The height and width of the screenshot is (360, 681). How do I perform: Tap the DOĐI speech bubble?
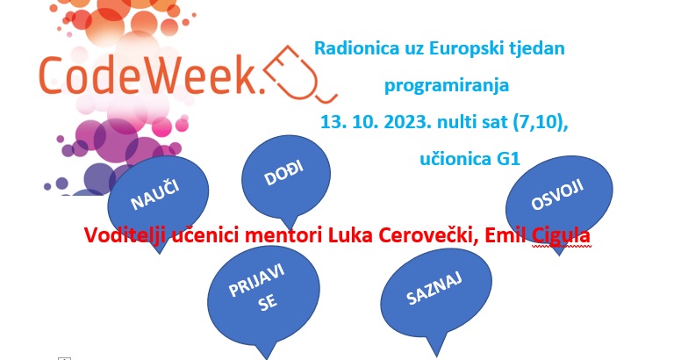tap(286, 175)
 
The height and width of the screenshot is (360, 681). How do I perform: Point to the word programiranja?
tap(447, 85)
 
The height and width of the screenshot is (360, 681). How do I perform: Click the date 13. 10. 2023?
tap(376, 122)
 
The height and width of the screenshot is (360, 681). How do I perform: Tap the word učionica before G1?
tap(455, 159)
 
